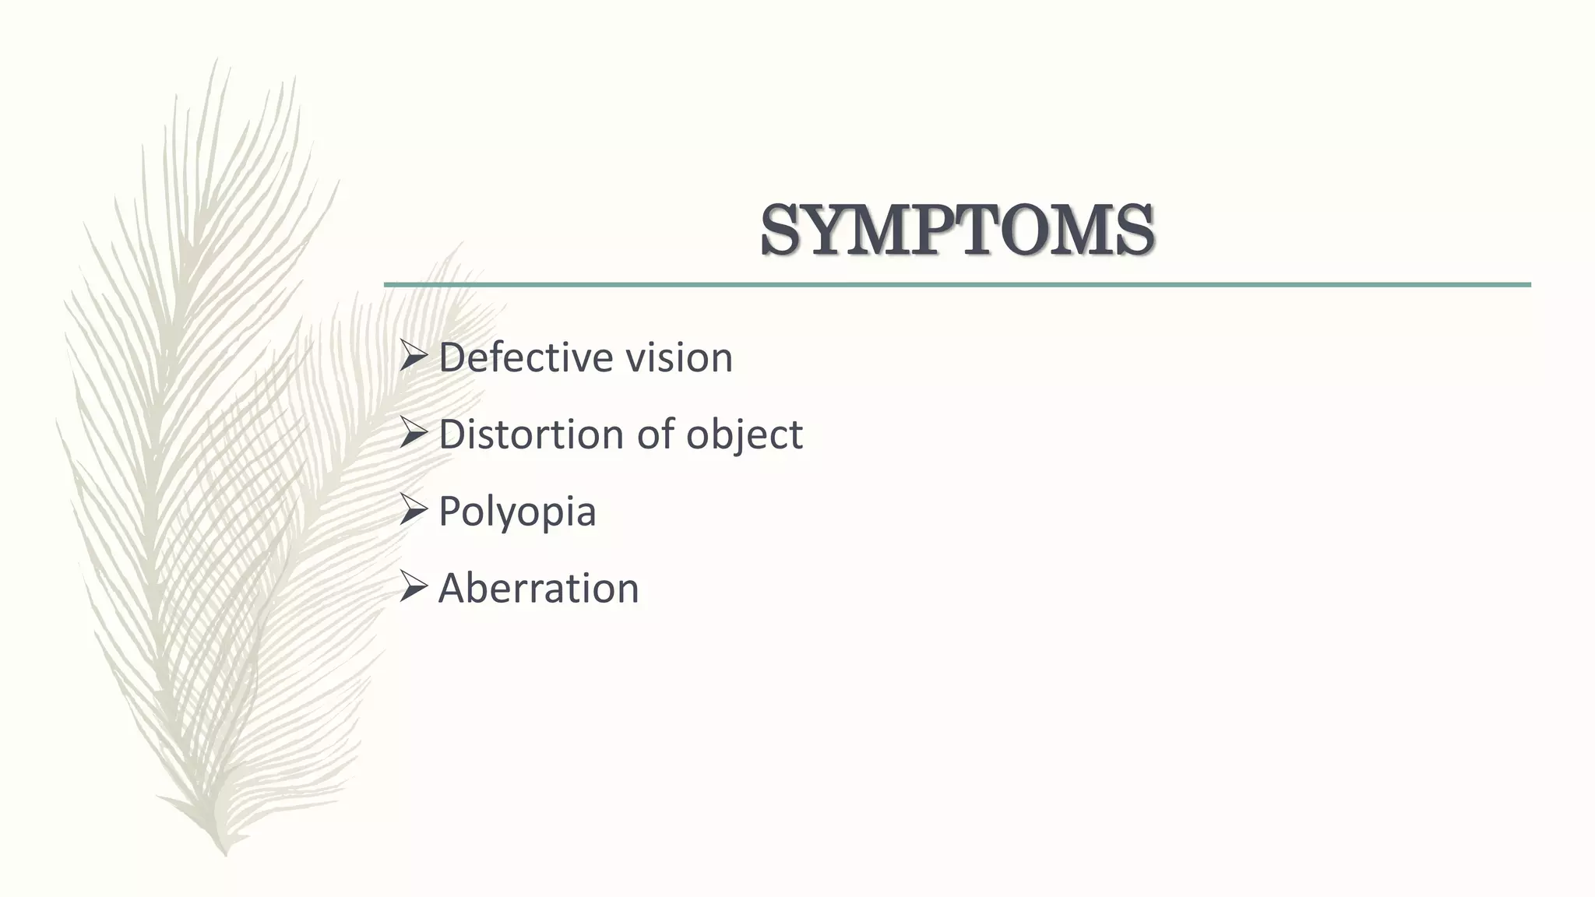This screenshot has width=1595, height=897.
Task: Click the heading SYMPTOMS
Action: tap(957, 230)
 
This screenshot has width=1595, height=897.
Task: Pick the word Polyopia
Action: tap(517, 512)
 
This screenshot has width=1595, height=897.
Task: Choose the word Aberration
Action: tap(538, 588)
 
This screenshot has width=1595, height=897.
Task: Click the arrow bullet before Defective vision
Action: tap(413, 357)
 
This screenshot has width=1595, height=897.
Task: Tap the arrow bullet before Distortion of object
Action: tap(413, 434)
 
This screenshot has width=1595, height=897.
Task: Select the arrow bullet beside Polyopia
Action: tap(413, 511)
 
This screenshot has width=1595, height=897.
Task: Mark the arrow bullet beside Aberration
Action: tap(413, 587)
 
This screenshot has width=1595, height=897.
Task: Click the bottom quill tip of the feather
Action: tap(225, 853)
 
